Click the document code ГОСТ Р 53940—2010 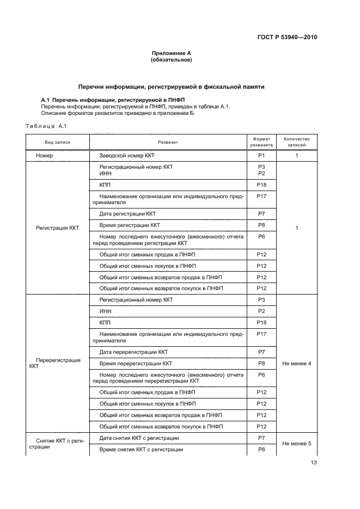point(287,38)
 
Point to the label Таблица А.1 point(46,126)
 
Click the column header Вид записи point(57,142)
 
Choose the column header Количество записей point(297,142)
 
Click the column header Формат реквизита point(261,142)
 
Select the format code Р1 point(261,155)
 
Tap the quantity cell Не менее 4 point(297,363)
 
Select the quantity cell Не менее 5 point(297,443)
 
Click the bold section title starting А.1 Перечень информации point(113,100)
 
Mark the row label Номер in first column point(44,155)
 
